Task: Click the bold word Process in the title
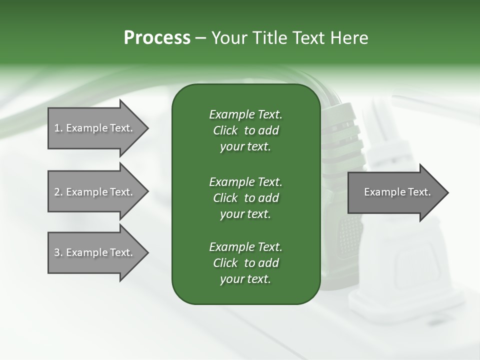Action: [157, 38]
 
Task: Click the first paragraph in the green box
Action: [245, 130]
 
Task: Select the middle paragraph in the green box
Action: [245, 197]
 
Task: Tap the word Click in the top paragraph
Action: [225, 130]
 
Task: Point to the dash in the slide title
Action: [200, 38]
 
